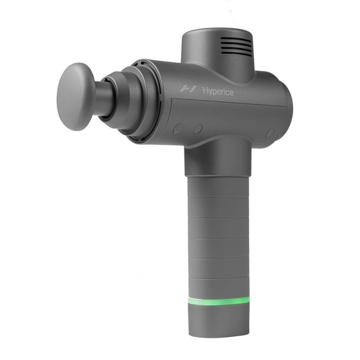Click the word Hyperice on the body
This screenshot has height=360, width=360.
pos(217,91)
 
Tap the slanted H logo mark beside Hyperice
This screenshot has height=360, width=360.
pos(188,88)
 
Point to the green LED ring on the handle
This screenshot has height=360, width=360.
pos(219,301)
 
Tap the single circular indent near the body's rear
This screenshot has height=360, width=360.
pos(269,133)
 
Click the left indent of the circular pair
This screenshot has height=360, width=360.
pos(178,127)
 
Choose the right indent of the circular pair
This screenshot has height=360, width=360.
pos(199,128)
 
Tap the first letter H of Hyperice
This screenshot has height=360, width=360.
pos(204,91)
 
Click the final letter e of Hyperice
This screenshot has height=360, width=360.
pos(231,93)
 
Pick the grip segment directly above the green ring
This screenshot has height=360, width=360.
pos(219,286)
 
